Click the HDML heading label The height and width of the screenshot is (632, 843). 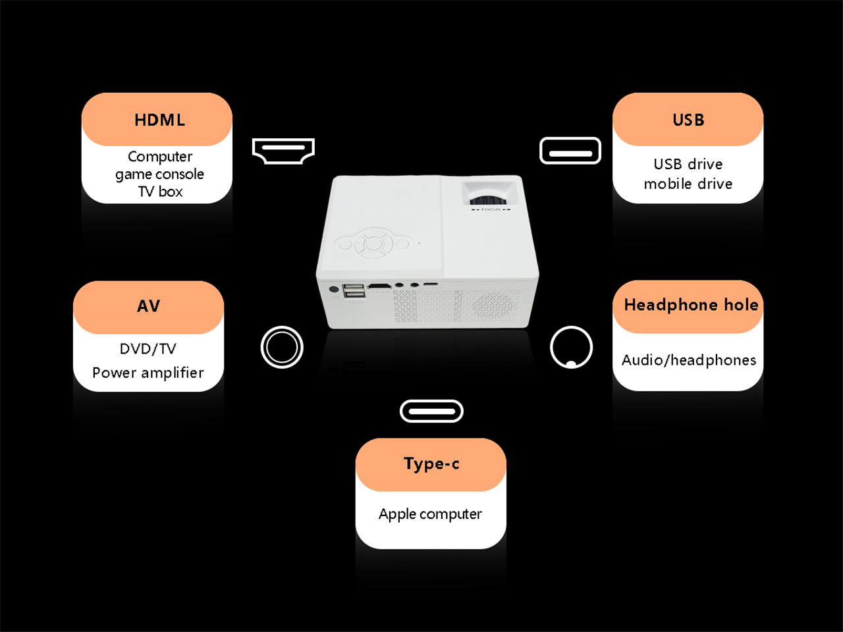159,120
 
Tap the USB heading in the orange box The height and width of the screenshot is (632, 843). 688,120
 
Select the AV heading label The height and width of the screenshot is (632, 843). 149,306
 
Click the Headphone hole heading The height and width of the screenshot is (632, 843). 691,305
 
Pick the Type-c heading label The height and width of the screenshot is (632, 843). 431,463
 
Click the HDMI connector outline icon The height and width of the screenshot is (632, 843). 283,151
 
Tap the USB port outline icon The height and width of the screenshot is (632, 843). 570,151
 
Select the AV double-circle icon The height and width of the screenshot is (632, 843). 282,347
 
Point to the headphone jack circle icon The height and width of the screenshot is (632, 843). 571,347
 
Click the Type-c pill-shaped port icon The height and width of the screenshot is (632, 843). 431,411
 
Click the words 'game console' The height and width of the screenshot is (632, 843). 159,174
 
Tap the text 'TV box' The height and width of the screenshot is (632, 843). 160,192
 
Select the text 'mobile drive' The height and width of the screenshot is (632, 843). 688,184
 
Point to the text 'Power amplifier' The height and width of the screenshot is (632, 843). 148,373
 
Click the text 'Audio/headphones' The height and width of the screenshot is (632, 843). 689,360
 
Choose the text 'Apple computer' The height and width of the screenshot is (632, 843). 430,514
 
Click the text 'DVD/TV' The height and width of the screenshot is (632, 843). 148,349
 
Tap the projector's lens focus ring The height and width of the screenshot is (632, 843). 489,199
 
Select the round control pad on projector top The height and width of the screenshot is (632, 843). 373,245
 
